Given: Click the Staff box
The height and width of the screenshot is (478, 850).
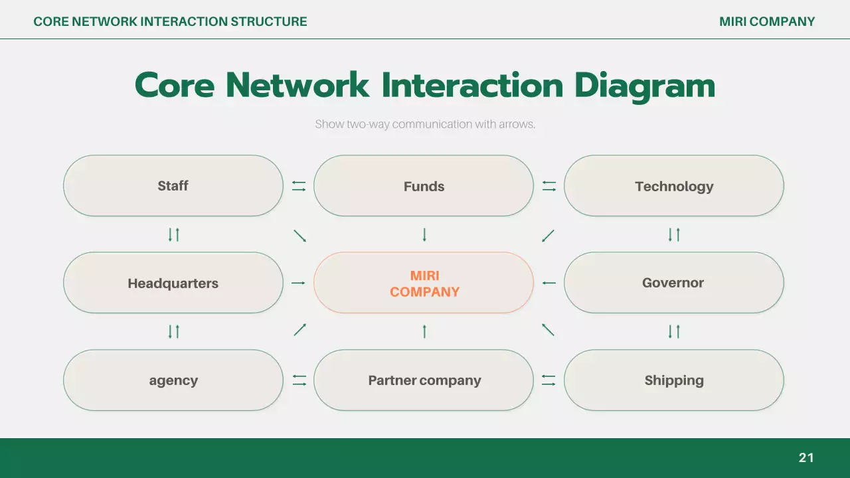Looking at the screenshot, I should pos(173,186).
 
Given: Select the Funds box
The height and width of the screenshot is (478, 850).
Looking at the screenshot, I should pos(424,186).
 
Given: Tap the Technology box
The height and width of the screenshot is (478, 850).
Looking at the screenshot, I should pos(674,186).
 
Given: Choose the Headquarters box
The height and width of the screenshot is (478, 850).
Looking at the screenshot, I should pos(173,283).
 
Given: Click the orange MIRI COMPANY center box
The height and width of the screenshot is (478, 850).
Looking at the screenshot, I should pos(424,283).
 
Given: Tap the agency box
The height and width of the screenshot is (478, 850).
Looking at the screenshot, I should pos(173,380).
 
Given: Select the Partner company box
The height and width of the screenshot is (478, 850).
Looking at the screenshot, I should pos(424,380).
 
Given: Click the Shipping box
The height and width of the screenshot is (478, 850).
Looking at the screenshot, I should pos(674,380).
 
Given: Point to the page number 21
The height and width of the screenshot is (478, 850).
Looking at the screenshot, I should pos(806,457).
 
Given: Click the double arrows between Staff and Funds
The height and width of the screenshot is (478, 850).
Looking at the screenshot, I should pos(299,187).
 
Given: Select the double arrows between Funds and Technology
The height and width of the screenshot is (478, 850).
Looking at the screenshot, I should pos(549,187).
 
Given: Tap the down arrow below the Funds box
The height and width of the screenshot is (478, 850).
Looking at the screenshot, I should pos(424,234).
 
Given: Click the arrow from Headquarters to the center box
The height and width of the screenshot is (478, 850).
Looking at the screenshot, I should pos(298,283).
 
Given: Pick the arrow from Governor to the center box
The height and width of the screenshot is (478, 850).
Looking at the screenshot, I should pos(549,283).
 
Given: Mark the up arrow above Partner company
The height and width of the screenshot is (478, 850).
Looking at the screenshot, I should pos(424,331).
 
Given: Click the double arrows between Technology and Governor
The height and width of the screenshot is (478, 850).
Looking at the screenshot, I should pos(674,234).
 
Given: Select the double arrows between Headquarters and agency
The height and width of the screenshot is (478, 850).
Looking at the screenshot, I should pos(174,331).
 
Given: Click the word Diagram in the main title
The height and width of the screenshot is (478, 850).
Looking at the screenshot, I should pos(645,86).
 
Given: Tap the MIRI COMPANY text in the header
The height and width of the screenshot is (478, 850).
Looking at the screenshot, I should pos(767,21).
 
